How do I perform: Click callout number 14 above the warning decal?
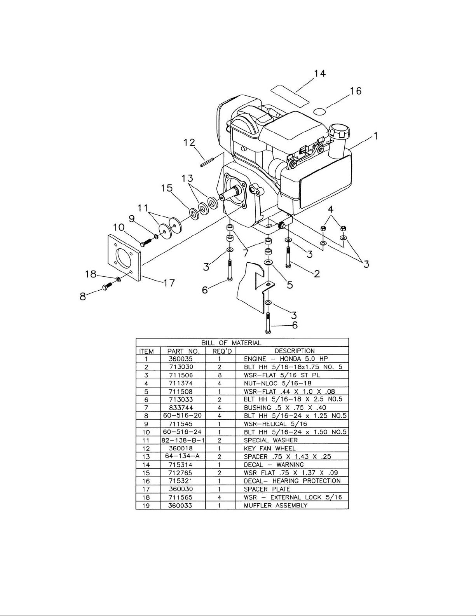pos(319,73)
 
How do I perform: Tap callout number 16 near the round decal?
pos(356,91)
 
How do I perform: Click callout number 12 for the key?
pos(189,142)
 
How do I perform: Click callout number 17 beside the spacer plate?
pos(169,283)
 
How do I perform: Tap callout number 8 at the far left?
pos(83,297)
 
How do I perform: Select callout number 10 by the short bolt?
pos(119,227)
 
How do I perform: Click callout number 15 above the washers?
pos(167,188)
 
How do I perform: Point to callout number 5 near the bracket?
pos(290,285)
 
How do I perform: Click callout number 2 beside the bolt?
pos(317,274)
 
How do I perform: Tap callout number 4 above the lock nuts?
pos(330,209)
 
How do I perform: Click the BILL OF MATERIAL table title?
pos(231,343)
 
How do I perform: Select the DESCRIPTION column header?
pos(295,351)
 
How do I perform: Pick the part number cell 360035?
pos(183,359)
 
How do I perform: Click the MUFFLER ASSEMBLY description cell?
pos(275,506)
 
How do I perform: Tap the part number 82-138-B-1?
pos(183,440)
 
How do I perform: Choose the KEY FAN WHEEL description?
pos(270,448)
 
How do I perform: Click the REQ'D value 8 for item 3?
pos(220,375)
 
